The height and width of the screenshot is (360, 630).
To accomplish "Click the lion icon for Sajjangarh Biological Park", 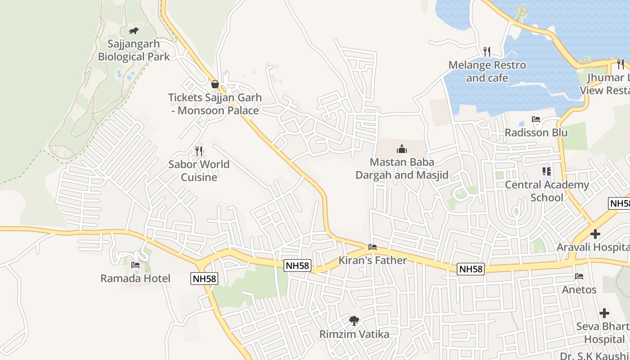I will tap(134, 31).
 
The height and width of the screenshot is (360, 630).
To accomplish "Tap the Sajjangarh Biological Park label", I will tap(134, 50).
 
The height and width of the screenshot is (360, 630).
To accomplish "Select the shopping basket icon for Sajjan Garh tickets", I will tap(215, 84).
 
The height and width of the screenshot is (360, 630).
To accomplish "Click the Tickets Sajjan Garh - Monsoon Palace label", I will tap(215, 104).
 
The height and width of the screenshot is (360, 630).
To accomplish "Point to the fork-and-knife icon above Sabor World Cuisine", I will tap(198, 151).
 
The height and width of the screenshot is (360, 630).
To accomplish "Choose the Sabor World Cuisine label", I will tap(199, 171).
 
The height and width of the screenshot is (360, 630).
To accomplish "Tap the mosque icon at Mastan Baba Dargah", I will tap(402, 149).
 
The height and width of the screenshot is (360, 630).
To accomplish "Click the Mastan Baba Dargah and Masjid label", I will tap(402, 168).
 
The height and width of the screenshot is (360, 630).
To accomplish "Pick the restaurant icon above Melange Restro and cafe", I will tap(486, 52).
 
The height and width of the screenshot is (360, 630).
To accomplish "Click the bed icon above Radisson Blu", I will tap(535, 119).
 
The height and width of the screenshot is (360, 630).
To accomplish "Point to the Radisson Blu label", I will tap(535, 133).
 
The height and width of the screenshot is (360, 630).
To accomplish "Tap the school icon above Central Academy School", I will tap(547, 171).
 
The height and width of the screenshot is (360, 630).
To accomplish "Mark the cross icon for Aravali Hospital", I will tap(595, 234).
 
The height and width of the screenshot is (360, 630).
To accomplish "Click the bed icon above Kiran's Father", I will tap(373, 247).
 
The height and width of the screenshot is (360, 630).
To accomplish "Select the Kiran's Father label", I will tap(373, 260).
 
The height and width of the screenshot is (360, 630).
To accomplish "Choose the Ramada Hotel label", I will tap(135, 278).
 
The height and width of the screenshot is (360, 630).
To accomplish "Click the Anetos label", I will tap(579, 289).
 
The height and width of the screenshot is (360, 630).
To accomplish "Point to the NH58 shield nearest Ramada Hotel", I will tap(204, 279).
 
